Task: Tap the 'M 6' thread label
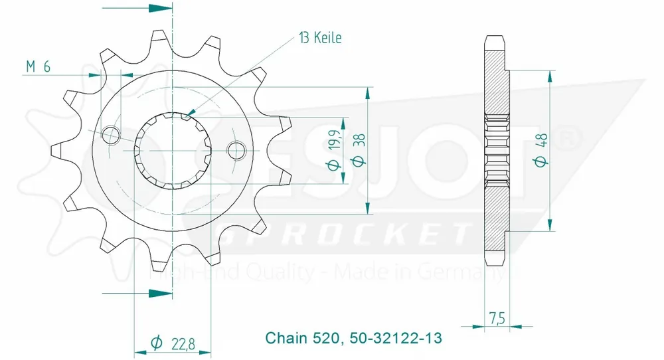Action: [39, 66]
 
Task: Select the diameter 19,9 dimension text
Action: [337, 150]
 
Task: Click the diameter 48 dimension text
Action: [540, 150]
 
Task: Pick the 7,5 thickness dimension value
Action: [495, 319]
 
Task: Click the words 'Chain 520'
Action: [303, 338]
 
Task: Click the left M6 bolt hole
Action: [111, 135]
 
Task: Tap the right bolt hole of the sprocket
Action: [235, 150]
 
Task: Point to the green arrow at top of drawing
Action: [159, 9]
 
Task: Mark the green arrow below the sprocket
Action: [159, 292]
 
